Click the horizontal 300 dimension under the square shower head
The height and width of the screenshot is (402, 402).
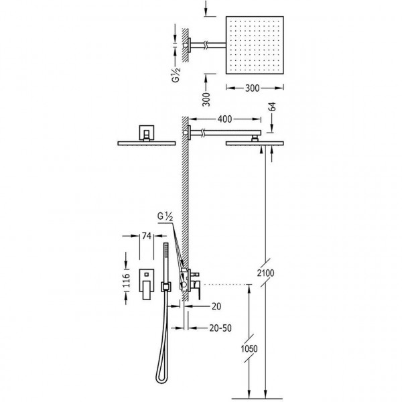coord(253,88)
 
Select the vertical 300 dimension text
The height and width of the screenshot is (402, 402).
coord(206,99)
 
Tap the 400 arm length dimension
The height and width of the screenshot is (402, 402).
coord(224,119)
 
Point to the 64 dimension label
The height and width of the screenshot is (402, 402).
coord(273,107)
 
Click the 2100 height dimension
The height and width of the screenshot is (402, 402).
coord(265,273)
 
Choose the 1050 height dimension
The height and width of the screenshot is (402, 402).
coord(249,348)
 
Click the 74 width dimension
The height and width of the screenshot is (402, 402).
coord(146,236)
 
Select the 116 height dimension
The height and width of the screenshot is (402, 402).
coord(126,280)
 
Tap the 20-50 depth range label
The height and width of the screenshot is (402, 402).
coord(220,328)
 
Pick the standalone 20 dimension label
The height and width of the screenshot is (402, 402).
coord(216,306)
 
